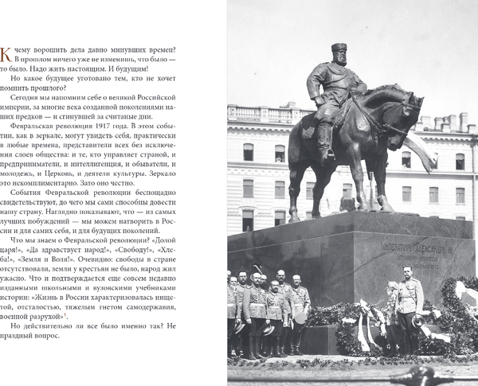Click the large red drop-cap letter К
click(7, 55)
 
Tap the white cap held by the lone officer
click(417, 320)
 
